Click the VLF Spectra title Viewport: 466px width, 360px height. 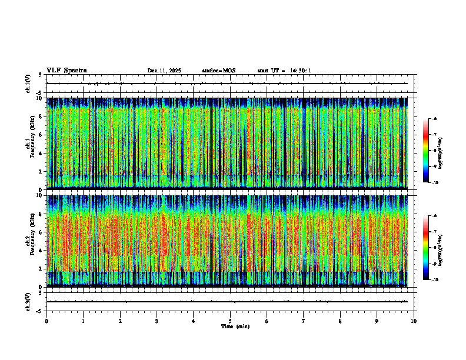[x=66, y=71]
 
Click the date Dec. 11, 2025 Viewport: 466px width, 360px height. [x=164, y=71]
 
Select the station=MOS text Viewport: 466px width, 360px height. [x=218, y=71]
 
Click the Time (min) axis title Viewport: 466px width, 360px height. [x=235, y=326]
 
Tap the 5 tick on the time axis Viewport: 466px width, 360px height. [x=230, y=321]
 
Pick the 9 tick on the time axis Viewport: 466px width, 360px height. [x=377, y=321]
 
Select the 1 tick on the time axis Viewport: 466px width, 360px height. [x=83, y=321]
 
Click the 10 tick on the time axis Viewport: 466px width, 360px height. [x=414, y=321]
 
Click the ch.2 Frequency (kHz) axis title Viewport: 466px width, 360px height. [x=29, y=240]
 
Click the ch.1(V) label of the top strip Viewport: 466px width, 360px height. [x=28, y=84]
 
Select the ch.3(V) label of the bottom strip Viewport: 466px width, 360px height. [x=28, y=301]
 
